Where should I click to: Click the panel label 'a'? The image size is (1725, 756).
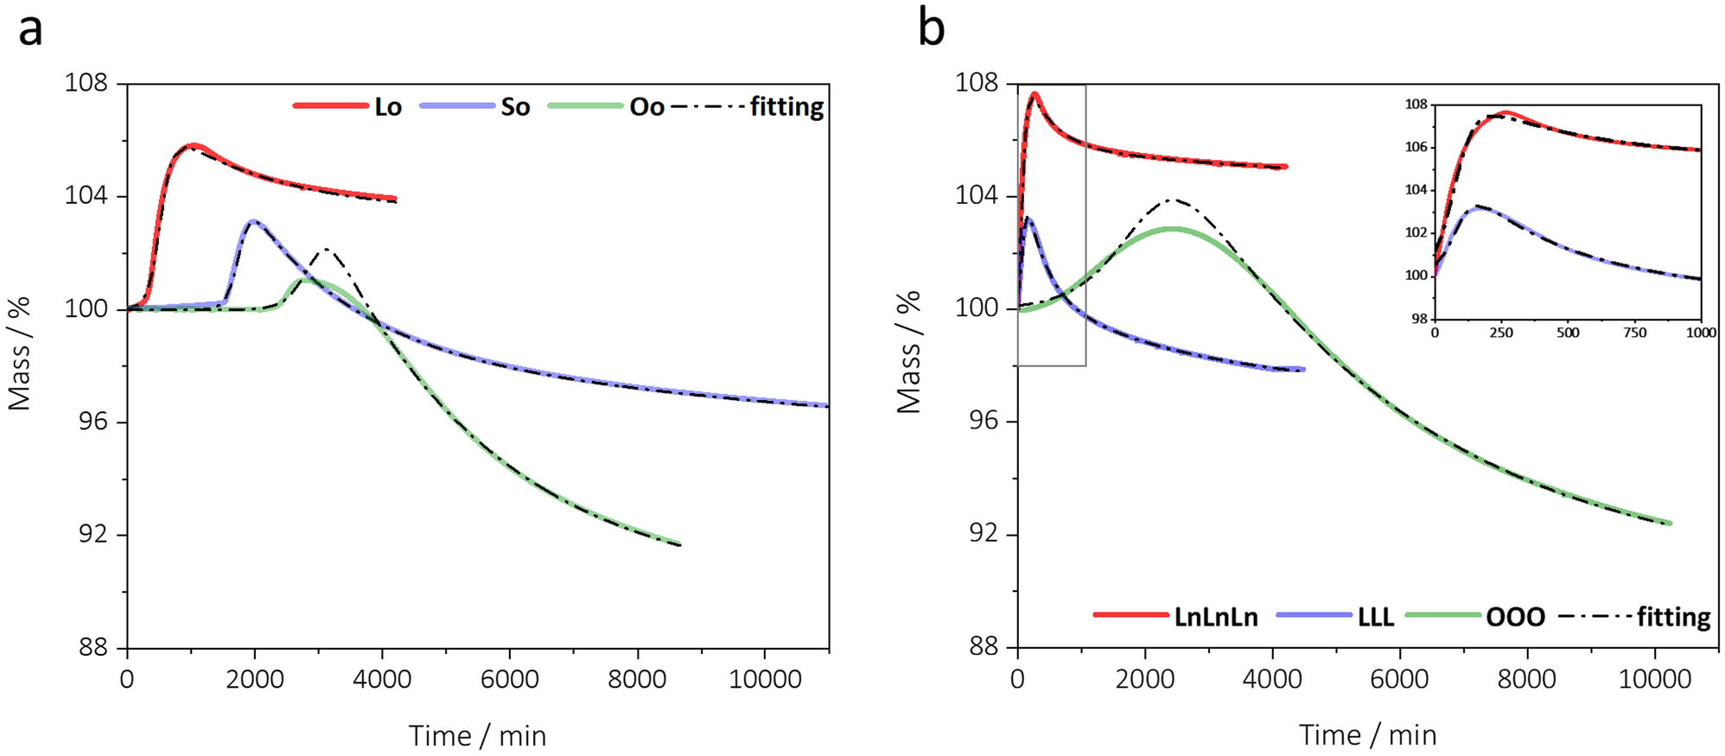pos(30,30)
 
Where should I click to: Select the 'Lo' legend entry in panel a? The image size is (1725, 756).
pos(387,107)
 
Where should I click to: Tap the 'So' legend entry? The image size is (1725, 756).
pos(515,107)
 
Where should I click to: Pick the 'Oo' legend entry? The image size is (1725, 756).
pos(646,107)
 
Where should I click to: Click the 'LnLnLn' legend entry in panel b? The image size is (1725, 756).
pos(1215,617)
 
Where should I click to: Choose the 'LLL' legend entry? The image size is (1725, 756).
pos(1376,617)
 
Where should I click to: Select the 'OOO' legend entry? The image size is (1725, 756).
pos(1516,617)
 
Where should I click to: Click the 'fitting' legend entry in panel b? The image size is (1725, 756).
pos(1673,617)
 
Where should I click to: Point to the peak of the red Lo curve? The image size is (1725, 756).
pos(193,145)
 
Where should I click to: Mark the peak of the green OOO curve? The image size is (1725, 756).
pos(1172,229)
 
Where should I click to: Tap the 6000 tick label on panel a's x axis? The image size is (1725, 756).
pos(509,679)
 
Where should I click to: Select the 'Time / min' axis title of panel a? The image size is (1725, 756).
pos(477,736)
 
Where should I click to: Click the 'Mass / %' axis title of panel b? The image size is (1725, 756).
pos(907,353)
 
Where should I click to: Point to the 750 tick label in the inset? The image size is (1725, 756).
pos(1633,333)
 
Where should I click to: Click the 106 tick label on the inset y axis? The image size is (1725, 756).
pos(1416,148)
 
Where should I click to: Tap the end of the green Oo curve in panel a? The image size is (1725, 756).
pos(679,544)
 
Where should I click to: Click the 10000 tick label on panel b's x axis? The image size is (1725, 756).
pos(1654,679)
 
